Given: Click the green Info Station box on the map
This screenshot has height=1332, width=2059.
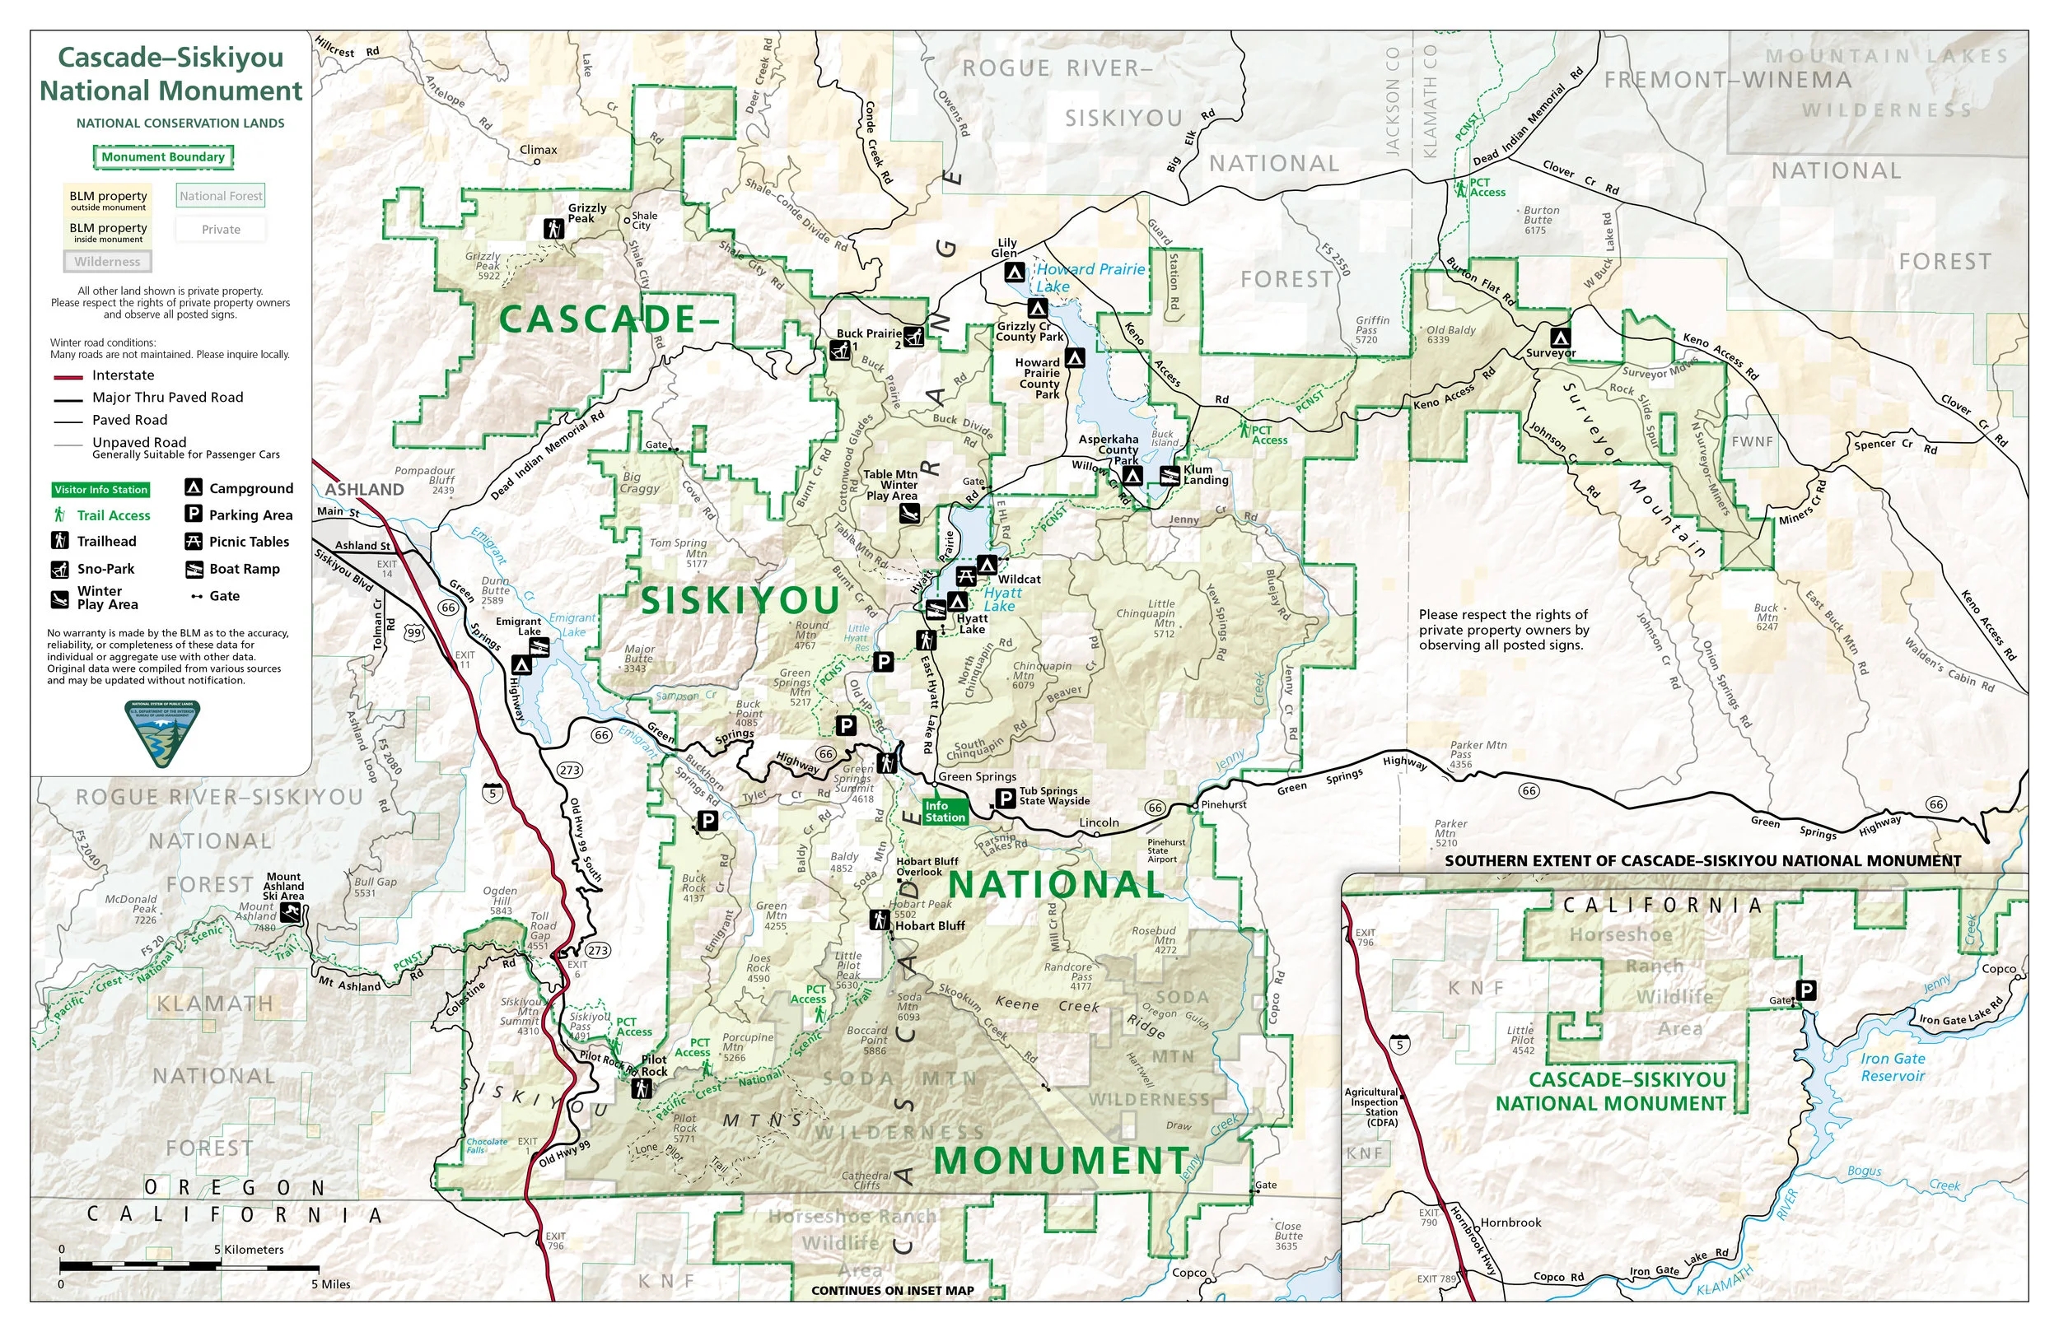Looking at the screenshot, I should coord(944,812).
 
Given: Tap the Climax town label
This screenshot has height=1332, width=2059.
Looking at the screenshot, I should coord(538,151).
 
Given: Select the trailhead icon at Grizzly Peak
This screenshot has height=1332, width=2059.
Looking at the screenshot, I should coord(553,229).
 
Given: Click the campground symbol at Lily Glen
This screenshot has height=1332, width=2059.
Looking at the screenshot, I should coord(1014,272).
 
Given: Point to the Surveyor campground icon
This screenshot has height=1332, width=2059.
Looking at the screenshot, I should coord(1560,338).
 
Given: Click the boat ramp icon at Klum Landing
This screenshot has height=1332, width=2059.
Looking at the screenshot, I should coord(1170,475).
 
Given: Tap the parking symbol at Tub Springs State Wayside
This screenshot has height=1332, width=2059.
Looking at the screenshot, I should coord(1005,799).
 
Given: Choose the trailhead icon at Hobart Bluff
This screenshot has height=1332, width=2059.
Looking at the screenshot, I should coord(880,921).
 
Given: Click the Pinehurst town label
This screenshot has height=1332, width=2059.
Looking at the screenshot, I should coord(1223,804).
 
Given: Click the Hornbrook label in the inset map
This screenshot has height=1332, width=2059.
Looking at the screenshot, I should coord(1510,1223).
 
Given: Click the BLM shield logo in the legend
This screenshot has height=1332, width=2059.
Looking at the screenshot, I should coord(162,734).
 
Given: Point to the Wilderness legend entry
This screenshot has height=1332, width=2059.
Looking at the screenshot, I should coord(107,261).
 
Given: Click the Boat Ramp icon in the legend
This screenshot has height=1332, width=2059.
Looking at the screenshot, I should coord(194,569).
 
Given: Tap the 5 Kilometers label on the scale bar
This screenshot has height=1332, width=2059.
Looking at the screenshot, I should coord(250,1249).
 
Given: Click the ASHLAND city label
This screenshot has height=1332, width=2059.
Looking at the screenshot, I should coord(364,490).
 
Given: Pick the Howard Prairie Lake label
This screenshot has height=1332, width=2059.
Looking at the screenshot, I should coord(1090,277).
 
